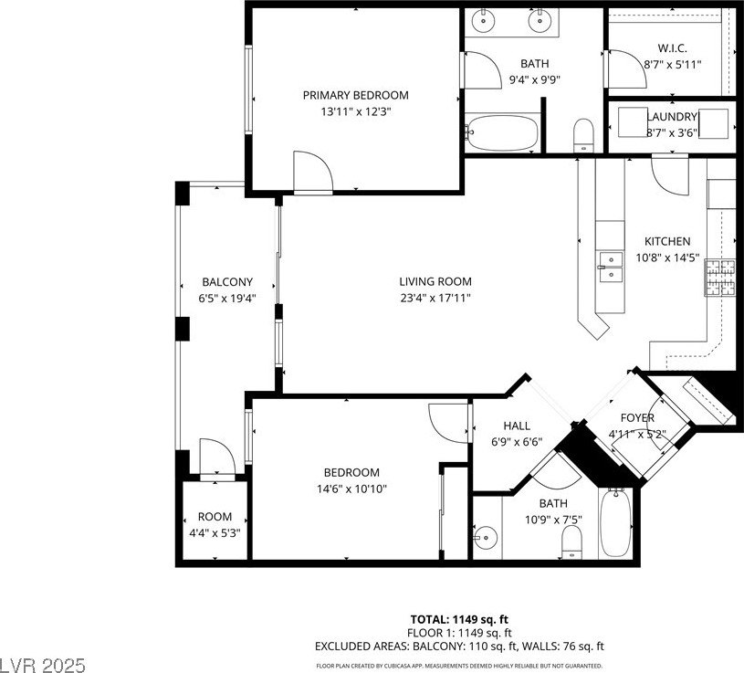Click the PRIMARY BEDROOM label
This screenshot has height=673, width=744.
point(355,95)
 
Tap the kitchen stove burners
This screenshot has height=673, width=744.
point(721,278)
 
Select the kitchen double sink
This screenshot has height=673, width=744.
point(610,268)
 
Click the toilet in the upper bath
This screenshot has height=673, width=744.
point(583,135)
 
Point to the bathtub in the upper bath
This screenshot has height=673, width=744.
point(502,132)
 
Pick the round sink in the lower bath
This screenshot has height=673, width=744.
point(486,538)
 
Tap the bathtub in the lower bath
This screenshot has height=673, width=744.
point(615,523)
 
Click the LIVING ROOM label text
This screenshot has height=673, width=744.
point(435,281)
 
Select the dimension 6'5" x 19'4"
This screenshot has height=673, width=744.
point(227,299)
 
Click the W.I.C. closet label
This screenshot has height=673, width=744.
point(673,47)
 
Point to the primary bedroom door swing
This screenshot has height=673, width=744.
point(313,172)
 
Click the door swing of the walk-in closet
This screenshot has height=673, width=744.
point(627,69)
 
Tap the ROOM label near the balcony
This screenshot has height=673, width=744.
point(215,516)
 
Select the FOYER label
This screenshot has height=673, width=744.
point(637,417)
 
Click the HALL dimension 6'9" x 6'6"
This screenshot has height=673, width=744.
point(517,442)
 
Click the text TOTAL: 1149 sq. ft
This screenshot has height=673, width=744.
point(459,619)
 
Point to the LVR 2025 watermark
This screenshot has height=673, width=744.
point(43,665)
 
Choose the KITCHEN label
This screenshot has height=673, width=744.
point(667,241)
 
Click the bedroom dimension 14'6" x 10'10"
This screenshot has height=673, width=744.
point(352,489)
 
